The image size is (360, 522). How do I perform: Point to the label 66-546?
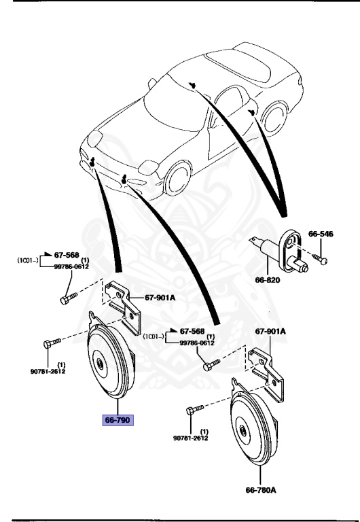[x=321, y=232]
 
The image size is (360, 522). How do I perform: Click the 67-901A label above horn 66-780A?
[x=270, y=332]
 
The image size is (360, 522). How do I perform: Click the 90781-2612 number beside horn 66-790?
[x=47, y=370]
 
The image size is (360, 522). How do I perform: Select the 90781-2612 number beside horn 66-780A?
[x=191, y=438]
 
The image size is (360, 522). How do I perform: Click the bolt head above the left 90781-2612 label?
[x=48, y=344]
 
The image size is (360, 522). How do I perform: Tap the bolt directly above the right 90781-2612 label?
[x=192, y=411]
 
